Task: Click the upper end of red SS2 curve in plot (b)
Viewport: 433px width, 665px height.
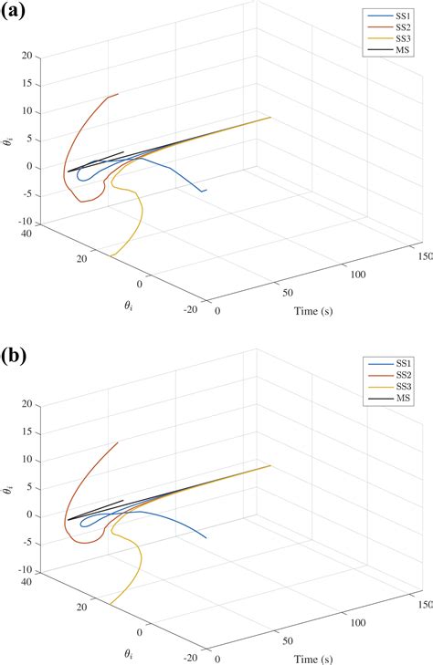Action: pyautogui.click(x=119, y=442)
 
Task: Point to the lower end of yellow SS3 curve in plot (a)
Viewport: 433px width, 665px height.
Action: pyautogui.click(x=111, y=256)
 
